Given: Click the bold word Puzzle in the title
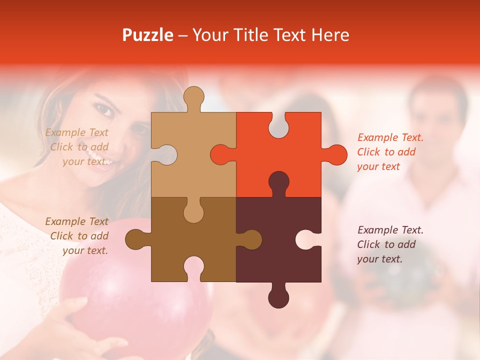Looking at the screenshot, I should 148,35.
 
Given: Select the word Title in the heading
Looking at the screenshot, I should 251,35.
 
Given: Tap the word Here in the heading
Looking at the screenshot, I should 330,35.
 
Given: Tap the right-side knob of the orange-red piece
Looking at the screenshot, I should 336,154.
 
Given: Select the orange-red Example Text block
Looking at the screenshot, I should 390,152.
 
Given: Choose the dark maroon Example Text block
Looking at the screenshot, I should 390,244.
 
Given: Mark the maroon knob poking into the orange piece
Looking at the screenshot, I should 278,182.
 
